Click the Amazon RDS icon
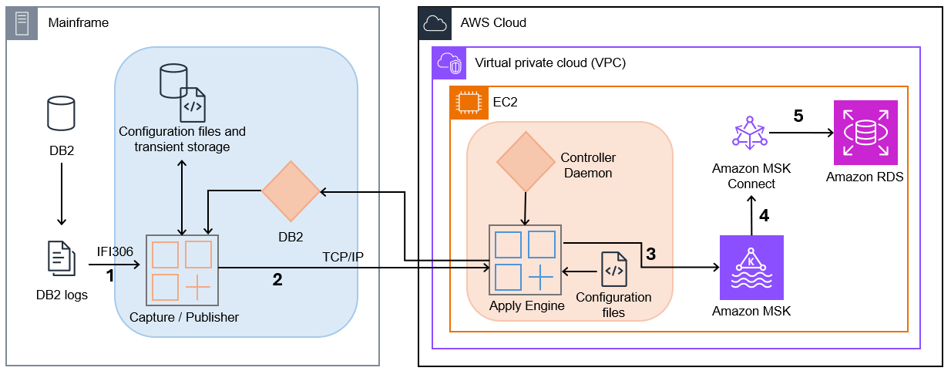click(x=864, y=133)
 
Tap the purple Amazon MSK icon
click(x=751, y=267)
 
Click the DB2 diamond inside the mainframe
click(x=290, y=190)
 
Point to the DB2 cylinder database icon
click(x=61, y=113)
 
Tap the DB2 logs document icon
click(x=62, y=258)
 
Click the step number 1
click(x=109, y=275)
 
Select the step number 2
click(x=277, y=280)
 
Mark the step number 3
click(x=651, y=254)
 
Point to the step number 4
click(x=764, y=215)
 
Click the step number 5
click(x=798, y=116)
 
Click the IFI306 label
click(x=116, y=251)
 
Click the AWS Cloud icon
click(x=435, y=23)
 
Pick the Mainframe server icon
click(x=22, y=23)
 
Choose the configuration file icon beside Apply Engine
click(x=613, y=269)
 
